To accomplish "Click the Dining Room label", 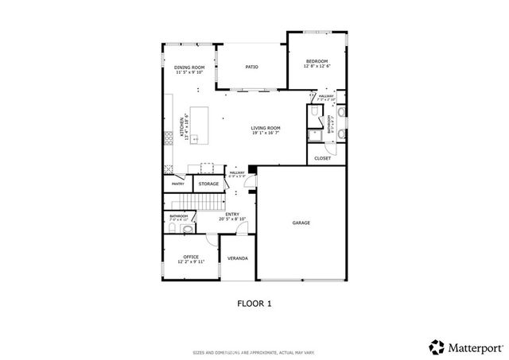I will click(189, 68).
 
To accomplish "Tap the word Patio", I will click(251, 68).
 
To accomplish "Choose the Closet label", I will click(322, 158).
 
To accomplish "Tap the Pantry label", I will click(177, 184).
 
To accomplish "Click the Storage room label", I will click(208, 184).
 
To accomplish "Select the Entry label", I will click(232, 214).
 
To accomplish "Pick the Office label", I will click(191, 257).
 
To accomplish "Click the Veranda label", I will click(237, 258).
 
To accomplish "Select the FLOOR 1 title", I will click(254, 303).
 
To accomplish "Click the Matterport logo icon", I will click(436, 346).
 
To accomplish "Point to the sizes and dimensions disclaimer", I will click(254, 352).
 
